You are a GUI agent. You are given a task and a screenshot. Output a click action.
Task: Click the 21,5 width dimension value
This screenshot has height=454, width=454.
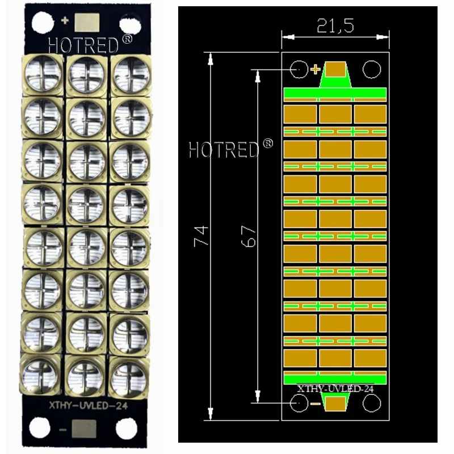(335, 26)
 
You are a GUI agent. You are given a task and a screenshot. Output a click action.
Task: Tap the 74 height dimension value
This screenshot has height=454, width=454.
(201, 236)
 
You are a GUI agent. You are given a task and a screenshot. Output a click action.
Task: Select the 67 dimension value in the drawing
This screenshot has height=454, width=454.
(249, 236)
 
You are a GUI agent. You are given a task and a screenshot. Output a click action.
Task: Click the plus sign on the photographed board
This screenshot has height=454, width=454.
(65, 20)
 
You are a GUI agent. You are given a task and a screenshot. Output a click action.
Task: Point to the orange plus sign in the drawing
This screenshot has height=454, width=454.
(316, 69)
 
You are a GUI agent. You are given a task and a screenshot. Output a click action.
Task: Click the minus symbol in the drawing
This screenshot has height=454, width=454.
(316, 404)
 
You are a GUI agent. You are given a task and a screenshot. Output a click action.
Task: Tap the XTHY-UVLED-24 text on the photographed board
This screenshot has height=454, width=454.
(89, 405)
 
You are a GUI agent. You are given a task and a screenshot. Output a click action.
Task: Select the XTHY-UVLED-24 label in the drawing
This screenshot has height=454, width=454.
(335, 389)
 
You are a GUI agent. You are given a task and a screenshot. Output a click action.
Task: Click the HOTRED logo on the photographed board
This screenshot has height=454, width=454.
(90, 44)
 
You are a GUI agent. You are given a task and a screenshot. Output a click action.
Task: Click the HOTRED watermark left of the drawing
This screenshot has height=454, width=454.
(231, 149)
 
